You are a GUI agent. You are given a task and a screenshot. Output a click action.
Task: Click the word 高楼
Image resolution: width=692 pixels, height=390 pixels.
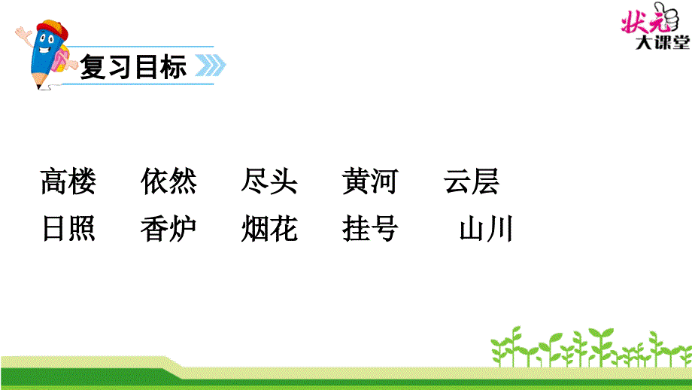click(x=68, y=182)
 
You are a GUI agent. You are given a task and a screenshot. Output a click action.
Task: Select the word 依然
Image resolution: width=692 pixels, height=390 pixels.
click(x=168, y=182)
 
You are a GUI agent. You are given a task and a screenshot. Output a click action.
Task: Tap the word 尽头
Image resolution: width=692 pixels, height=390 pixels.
click(x=269, y=182)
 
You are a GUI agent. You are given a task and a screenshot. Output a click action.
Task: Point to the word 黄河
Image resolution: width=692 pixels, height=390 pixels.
click(x=369, y=182)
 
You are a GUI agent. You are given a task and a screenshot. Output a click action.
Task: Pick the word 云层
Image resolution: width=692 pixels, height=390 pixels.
click(x=471, y=182)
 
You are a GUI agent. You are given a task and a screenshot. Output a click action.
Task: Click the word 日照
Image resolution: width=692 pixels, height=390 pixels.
click(x=68, y=229)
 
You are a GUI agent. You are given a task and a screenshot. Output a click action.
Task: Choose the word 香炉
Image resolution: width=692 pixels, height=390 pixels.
click(x=168, y=229)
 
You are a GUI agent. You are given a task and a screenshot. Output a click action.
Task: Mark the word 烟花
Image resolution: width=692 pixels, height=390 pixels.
click(x=269, y=229)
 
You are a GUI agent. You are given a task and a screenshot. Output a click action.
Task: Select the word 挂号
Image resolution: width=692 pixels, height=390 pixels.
click(x=369, y=229)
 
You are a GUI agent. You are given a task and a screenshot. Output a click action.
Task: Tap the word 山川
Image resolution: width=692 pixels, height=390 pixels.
click(x=486, y=229)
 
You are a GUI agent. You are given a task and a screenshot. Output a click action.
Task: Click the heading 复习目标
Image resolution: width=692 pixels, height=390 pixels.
click(x=133, y=68)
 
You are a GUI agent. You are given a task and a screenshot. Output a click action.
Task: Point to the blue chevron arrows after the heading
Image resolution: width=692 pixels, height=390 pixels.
click(x=211, y=67)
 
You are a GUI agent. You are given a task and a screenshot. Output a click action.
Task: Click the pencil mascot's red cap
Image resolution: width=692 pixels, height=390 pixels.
click(x=50, y=31)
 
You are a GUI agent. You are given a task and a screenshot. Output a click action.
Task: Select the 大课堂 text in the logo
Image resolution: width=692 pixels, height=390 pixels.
click(x=661, y=44)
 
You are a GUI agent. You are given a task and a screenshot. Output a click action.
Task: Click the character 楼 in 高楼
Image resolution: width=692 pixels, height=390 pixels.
click(x=82, y=182)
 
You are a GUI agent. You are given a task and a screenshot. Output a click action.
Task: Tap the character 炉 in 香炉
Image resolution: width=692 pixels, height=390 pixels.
click(x=183, y=229)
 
